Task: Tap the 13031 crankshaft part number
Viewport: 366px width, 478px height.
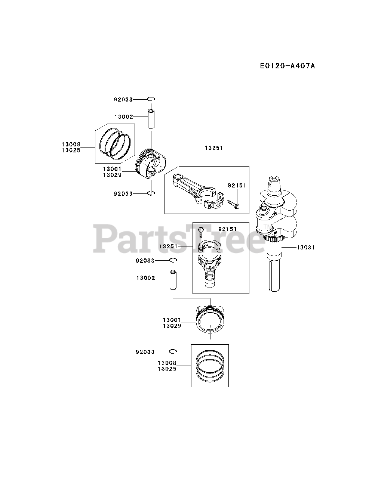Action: [306, 247]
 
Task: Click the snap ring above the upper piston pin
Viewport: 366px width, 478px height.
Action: [151, 99]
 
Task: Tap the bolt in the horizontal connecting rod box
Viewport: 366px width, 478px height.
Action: [233, 204]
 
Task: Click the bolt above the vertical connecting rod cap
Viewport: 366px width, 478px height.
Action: [201, 232]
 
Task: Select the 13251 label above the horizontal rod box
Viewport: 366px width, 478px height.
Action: [214, 148]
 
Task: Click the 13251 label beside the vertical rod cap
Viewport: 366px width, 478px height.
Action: [168, 247]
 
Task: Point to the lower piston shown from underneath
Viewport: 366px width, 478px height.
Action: [210, 319]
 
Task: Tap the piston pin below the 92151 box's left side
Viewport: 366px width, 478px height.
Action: [173, 280]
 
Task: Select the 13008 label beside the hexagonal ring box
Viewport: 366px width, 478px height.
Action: [71, 144]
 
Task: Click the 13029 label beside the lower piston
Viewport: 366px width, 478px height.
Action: [172, 326]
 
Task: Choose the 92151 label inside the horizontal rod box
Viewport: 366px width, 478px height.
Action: [237, 185]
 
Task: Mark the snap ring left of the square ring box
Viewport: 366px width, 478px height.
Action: [173, 351]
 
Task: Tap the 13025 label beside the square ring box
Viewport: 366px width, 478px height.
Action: [167, 369]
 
